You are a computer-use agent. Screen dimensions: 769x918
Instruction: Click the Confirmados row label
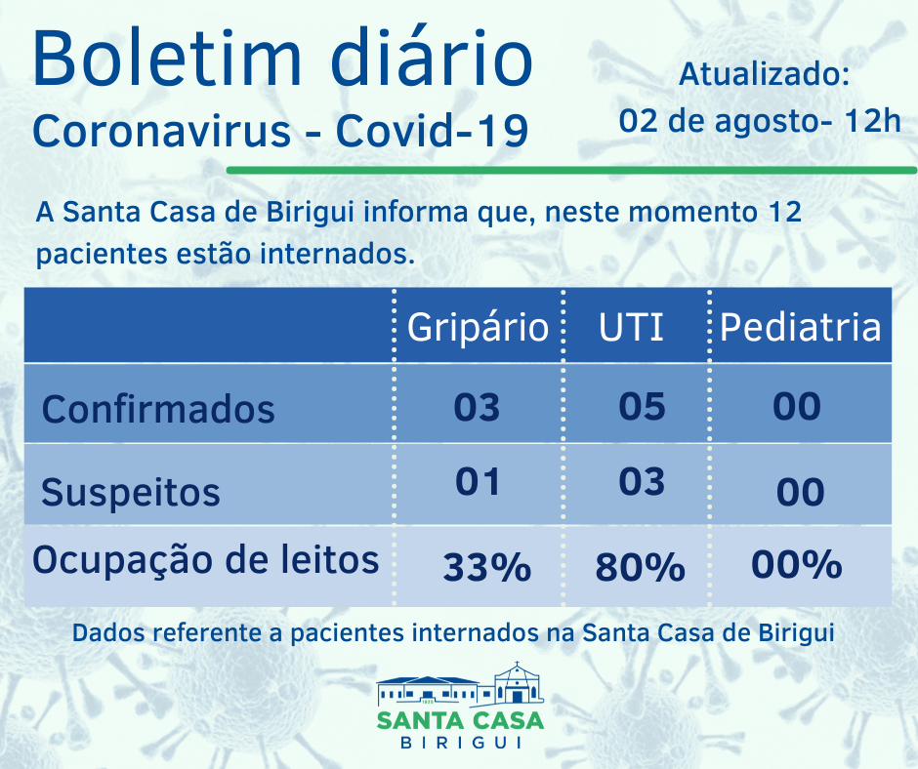(158, 408)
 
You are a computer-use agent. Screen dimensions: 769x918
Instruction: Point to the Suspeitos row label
(131, 492)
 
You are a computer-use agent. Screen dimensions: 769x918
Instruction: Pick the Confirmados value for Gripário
(477, 406)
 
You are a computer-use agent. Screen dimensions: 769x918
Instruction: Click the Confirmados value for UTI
(643, 406)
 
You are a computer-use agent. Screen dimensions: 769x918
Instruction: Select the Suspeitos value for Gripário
(477, 481)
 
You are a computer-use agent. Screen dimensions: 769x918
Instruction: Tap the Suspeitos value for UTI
(643, 481)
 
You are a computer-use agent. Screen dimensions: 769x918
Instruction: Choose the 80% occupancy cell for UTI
(639, 566)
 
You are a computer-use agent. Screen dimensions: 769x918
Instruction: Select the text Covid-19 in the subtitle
(432, 131)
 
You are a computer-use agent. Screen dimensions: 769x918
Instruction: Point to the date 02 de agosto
(717, 122)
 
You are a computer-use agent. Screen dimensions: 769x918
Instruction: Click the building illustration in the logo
(460, 685)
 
